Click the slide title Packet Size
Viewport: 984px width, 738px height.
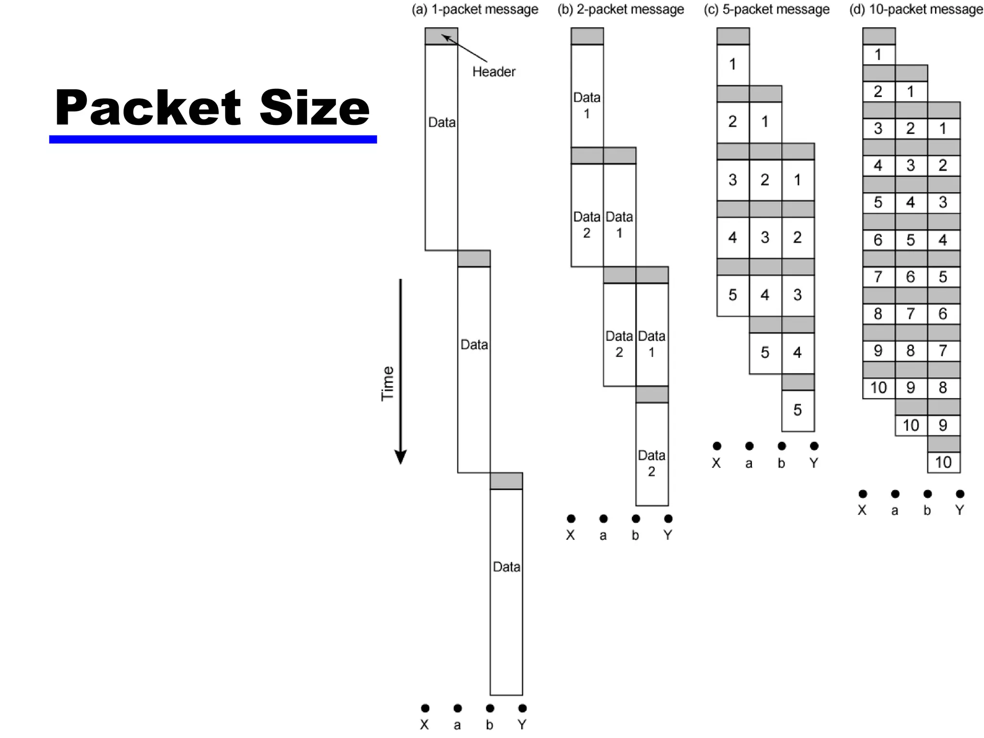(212, 108)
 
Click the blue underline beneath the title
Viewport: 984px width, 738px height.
(212, 139)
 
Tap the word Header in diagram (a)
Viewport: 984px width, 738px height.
(493, 72)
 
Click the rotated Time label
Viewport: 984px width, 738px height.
(387, 383)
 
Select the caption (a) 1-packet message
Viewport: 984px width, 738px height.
(475, 10)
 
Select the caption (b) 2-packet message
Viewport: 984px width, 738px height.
(620, 10)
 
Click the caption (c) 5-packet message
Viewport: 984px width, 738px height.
(766, 10)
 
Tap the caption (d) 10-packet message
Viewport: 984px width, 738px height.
(916, 10)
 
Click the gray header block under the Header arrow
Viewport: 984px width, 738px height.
(441, 37)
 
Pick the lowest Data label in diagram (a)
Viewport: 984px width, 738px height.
(506, 567)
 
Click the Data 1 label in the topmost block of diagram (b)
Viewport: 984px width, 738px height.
(587, 105)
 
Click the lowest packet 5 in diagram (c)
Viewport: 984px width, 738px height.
(798, 410)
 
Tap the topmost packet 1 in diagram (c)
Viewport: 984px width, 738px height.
(732, 64)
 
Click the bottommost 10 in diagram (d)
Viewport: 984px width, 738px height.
(943, 462)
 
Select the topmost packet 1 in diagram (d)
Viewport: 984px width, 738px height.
(878, 55)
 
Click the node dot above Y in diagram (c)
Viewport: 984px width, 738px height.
(814, 446)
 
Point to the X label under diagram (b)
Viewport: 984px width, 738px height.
(570, 535)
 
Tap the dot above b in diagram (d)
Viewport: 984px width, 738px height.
(927, 494)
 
